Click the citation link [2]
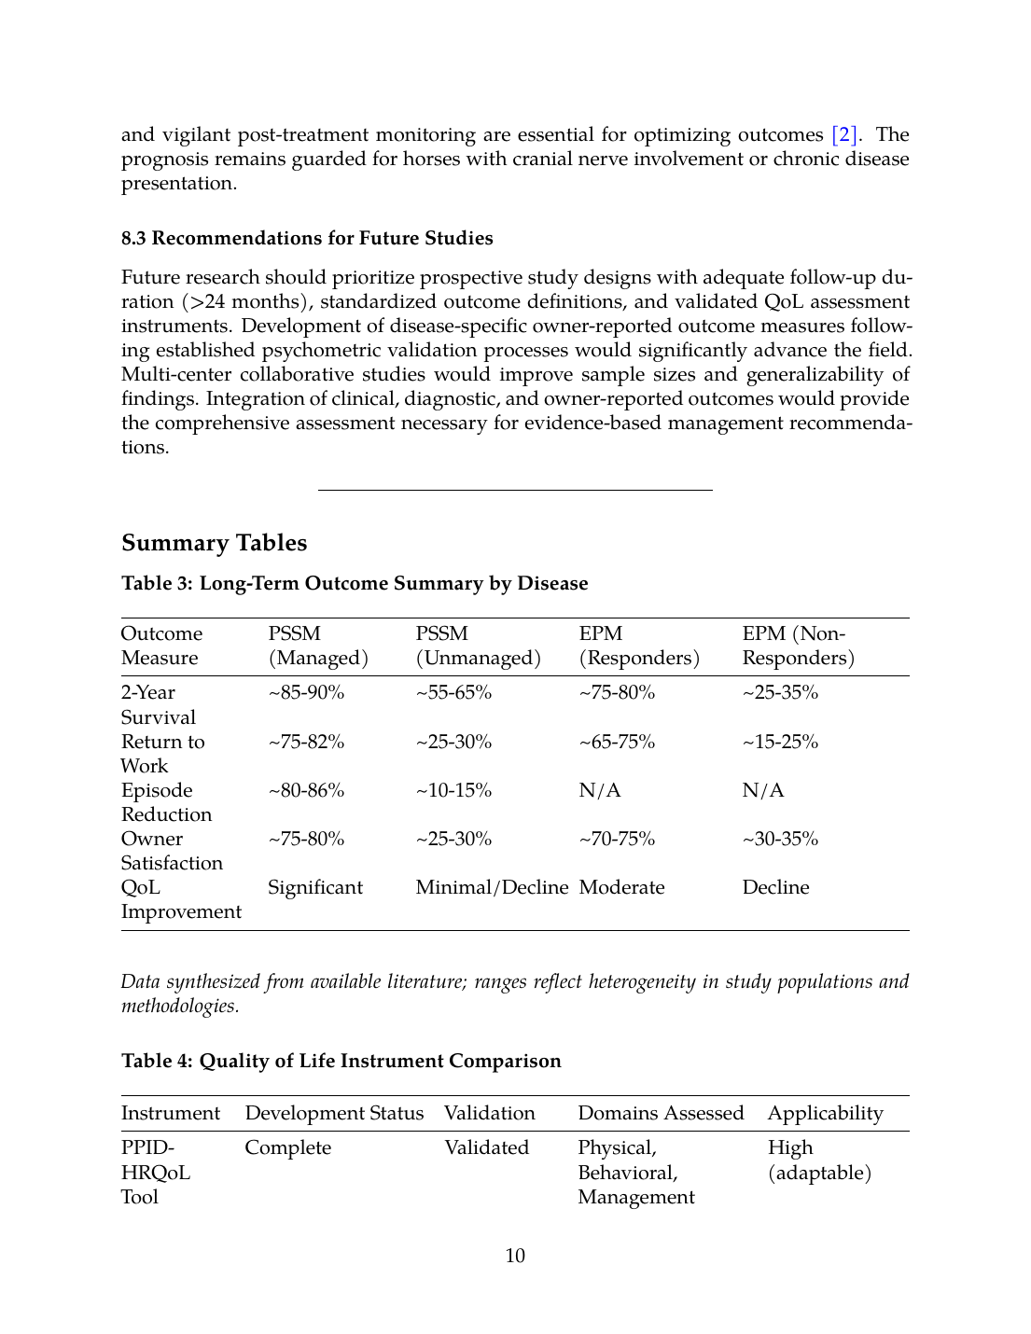tap(844, 135)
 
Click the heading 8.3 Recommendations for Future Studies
tap(307, 238)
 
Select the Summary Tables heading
tap(214, 543)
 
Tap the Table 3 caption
tap(355, 583)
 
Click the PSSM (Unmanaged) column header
tap(478, 646)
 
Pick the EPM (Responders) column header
tap(639, 646)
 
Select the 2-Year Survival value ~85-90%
tap(306, 692)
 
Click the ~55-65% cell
tap(453, 692)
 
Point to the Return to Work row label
tap(162, 754)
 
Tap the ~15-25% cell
tap(780, 742)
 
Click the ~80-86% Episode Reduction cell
tap(306, 790)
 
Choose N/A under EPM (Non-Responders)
tap(763, 790)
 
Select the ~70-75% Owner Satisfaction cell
tap(617, 839)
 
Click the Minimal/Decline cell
tap(492, 887)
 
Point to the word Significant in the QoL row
tap(315, 887)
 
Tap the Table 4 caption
tap(341, 1061)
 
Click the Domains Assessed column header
tap(661, 1113)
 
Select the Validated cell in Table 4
tap(486, 1147)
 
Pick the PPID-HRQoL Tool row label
tap(156, 1173)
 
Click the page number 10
tap(515, 1256)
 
